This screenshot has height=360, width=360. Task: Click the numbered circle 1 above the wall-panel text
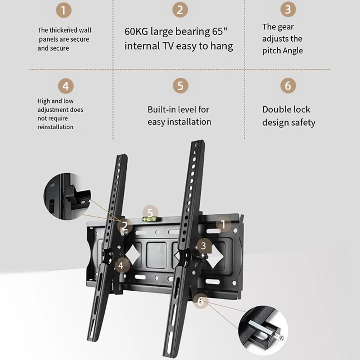click(64, 10)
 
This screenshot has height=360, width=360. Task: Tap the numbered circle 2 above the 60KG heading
click(180, 10)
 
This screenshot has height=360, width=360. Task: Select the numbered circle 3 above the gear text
click(288, 9)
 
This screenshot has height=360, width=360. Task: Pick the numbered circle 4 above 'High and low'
click(66, 86)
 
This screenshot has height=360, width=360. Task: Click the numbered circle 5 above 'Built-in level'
click(181, 85)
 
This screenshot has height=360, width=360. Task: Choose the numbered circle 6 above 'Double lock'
click(288, 85)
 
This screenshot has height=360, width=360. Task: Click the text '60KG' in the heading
click(136, 31)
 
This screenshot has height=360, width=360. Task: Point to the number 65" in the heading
click(219, 31)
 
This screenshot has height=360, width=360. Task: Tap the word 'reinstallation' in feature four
click(55, 127)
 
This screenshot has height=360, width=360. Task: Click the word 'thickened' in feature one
click(63, 30)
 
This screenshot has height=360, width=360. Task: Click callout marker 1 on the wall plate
click(223, 224)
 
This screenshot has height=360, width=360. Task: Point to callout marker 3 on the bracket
click(204, 246)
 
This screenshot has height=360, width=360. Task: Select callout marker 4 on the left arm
click(121, 266)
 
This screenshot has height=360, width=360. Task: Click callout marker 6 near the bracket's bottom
click(200, 301)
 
